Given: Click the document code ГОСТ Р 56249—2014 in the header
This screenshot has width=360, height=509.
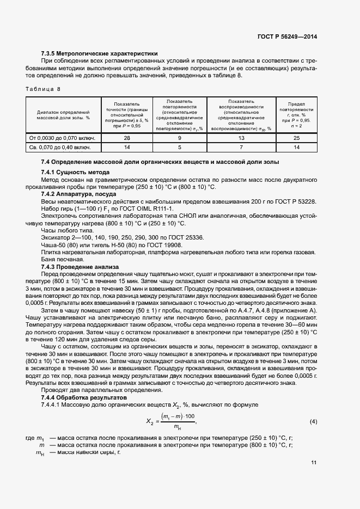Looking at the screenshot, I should [286, 36].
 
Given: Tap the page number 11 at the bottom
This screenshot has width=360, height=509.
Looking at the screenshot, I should [314, 463].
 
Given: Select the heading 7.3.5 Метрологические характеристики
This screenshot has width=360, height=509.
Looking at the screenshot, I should [99, 54].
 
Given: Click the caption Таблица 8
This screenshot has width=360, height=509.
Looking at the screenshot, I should [43, 88].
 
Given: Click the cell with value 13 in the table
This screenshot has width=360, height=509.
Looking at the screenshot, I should [241, 138].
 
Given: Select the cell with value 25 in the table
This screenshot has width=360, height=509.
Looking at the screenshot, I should [297, 138].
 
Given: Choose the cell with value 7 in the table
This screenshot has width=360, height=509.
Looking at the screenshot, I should [241, 147].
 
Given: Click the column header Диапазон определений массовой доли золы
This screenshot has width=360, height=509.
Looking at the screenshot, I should [63, 114].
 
